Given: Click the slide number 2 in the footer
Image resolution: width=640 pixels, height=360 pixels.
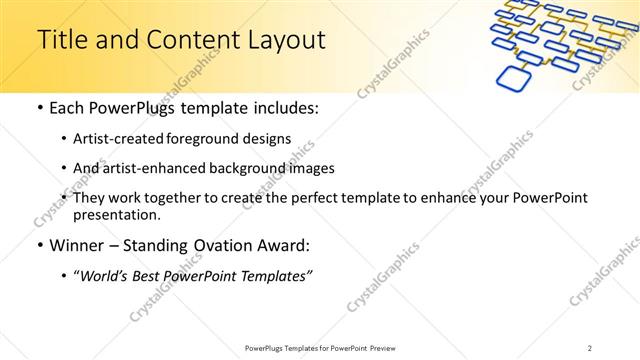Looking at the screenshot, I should [591, 347].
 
